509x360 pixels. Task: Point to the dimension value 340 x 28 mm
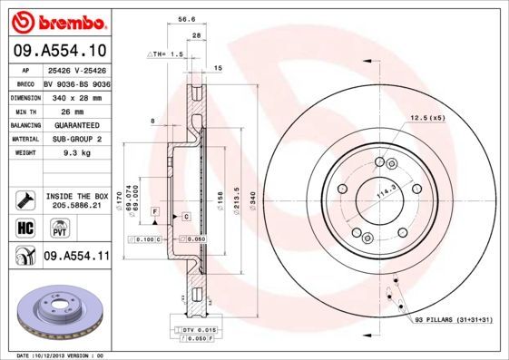(75, 96)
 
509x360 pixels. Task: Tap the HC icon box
(24, 228)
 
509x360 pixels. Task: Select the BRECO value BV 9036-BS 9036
(75, 83)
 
